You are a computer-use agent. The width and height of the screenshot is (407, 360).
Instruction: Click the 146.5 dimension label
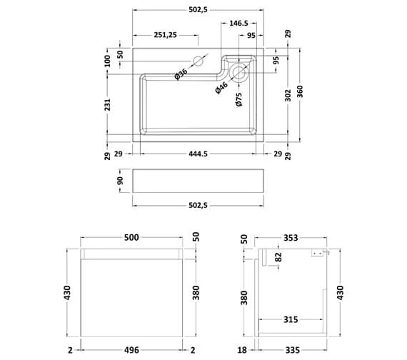238,23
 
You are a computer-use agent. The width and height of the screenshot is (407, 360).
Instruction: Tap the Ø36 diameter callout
181,73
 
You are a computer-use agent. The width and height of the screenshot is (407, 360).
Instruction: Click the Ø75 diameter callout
239,99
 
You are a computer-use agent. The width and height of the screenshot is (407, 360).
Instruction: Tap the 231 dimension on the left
108,105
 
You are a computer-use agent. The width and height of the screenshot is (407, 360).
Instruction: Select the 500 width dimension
131,236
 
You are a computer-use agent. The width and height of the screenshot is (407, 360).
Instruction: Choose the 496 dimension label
131,349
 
